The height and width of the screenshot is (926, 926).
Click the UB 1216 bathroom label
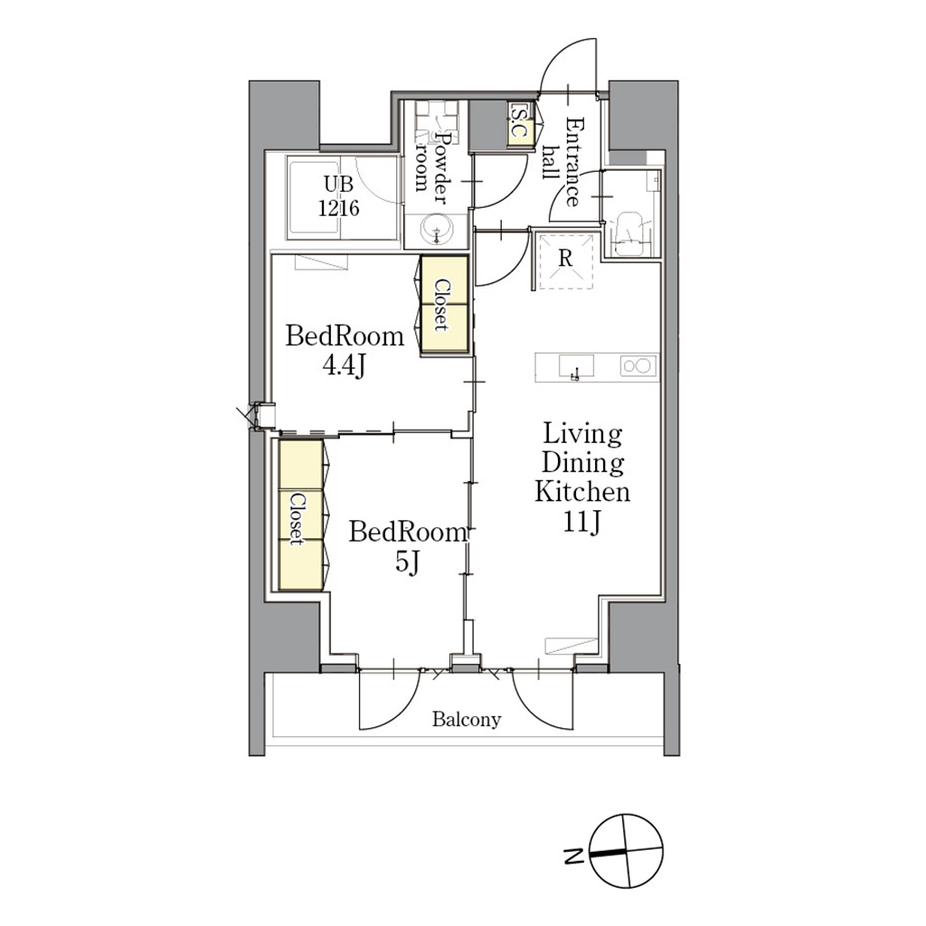click(339, 196)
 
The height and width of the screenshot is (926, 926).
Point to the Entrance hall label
click(563, 162)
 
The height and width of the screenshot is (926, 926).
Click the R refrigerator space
click(564, 260)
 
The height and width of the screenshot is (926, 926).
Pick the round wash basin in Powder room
click(437, 229)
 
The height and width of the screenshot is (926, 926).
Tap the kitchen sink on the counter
click(576, 366)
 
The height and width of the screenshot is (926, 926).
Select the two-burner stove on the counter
click(638, 366)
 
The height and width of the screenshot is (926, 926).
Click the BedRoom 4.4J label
click(345, 351)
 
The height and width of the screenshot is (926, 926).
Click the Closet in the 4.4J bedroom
click(444, 306)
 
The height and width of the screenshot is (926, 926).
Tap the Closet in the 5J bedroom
click(300, 515)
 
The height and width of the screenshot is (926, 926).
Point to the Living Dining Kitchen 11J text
click(582, 477)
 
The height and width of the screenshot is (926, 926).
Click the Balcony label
click(467, 719)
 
